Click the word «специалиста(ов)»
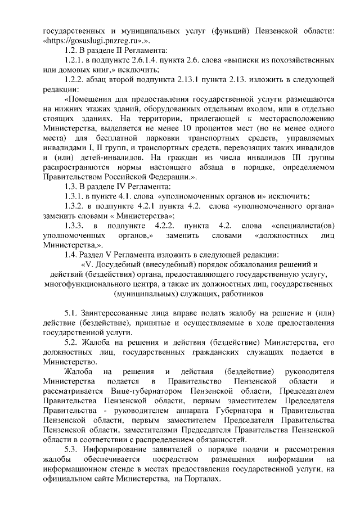point(308,225)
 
